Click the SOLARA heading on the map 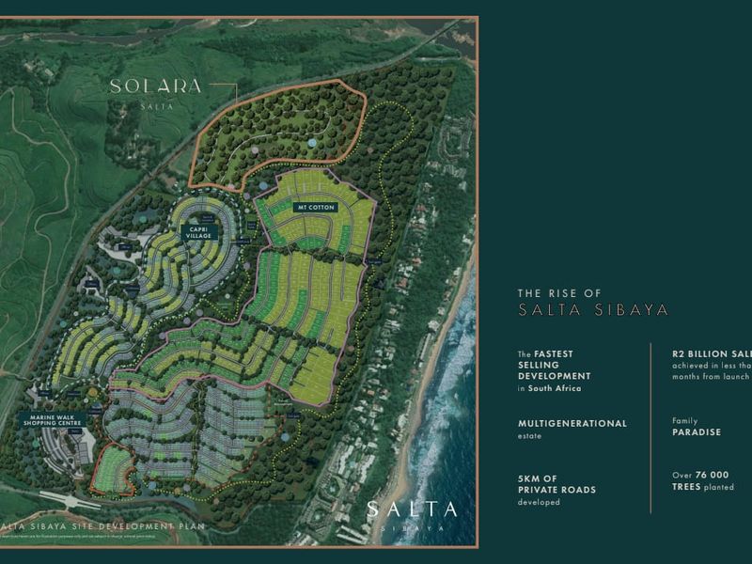[x=156, y=86]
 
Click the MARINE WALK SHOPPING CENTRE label [x=55, y=418]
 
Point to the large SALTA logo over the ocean [x=412, y=510]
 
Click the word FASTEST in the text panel [x=556, y=354]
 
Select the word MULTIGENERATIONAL [x=572, y=423]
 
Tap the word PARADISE [x=696, y=433]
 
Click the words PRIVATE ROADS [x=556, y=490]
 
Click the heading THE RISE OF [x=559, y=293]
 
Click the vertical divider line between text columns [x=651, y=428]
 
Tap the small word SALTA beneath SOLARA [x=156, y=104]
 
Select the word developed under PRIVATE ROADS [x=539, y=503]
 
